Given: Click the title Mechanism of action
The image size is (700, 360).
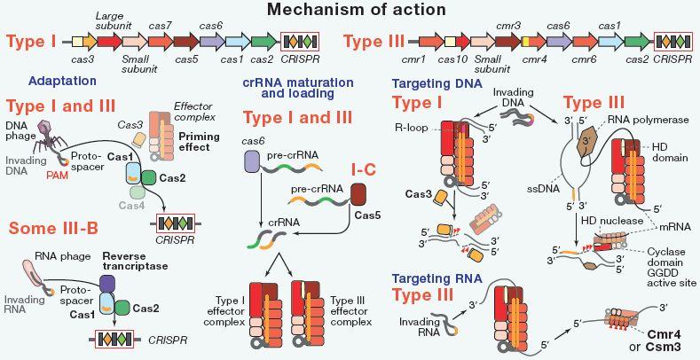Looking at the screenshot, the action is click(350, 11).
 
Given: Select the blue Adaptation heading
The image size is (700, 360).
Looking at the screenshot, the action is click(62, 81).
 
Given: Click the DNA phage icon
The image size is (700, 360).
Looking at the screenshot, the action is click(48, 137).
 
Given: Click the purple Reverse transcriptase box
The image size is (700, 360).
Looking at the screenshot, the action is click(107, 283).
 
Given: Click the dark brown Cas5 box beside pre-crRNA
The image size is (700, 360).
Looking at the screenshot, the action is click(358, 195).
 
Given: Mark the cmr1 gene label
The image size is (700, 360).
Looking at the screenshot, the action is click(411, 59).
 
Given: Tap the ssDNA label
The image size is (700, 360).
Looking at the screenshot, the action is click(537, 188).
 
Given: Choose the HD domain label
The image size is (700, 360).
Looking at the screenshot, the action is click(664, 152).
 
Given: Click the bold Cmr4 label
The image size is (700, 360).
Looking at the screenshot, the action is click(661, 334).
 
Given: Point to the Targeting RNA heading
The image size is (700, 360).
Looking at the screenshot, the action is click(437, 279).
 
